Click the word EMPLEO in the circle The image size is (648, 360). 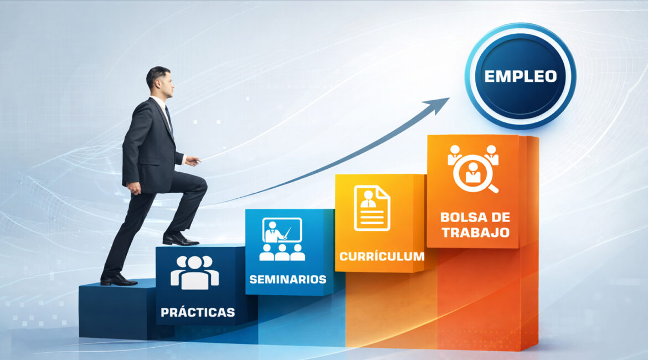point(520,76)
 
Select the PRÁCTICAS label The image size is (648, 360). point(198,312)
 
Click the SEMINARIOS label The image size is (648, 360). point(287,279)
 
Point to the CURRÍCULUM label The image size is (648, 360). point(382,256)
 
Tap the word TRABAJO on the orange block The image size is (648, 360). point(475,232)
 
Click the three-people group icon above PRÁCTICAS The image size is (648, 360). point(194,272)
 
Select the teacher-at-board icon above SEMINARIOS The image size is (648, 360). point(282,239)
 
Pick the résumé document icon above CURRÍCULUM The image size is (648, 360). point(372,208)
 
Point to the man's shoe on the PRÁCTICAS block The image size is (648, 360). point(181,239)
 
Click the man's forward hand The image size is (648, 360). point(193,161)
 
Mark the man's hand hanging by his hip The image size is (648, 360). point(134,188)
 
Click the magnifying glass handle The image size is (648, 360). point(493,188)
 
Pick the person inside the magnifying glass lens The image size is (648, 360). point(473,172)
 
